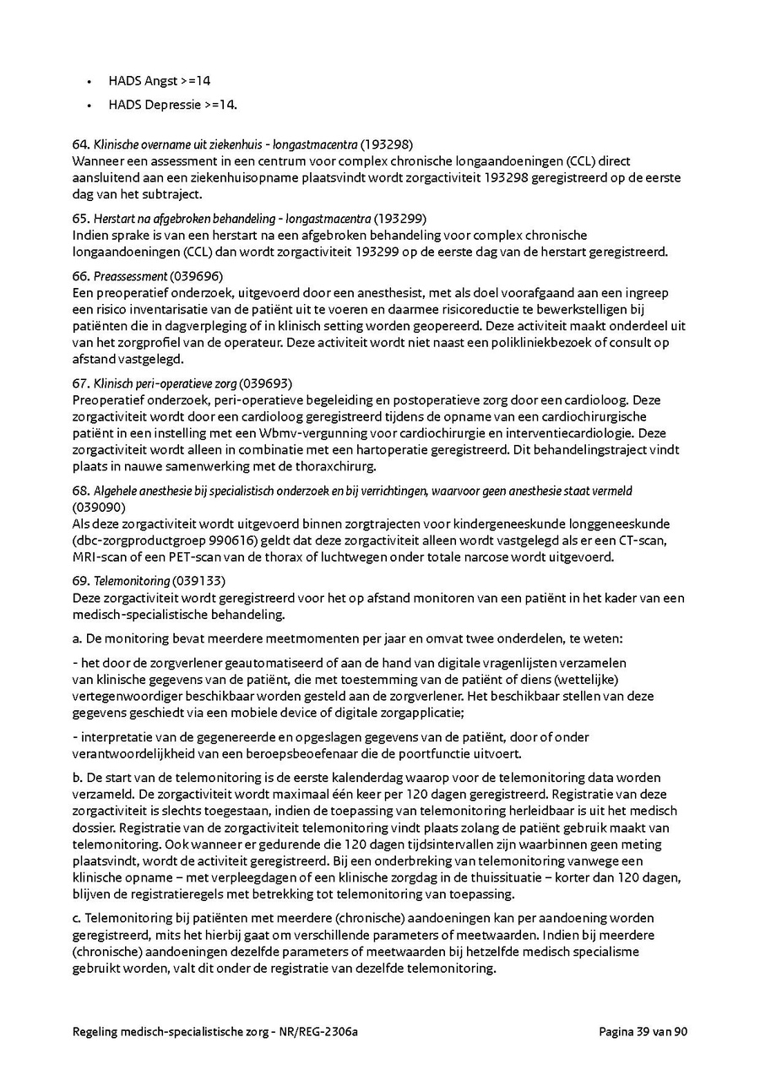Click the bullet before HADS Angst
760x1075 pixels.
tap(89, 82)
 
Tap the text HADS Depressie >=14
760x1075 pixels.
tap(172, 106)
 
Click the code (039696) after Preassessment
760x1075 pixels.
tap(196, 277)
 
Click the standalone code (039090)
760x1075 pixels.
tap(99, 508)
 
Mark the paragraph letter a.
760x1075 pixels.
tap(77, 639)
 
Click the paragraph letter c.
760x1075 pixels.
tap(77, 918)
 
